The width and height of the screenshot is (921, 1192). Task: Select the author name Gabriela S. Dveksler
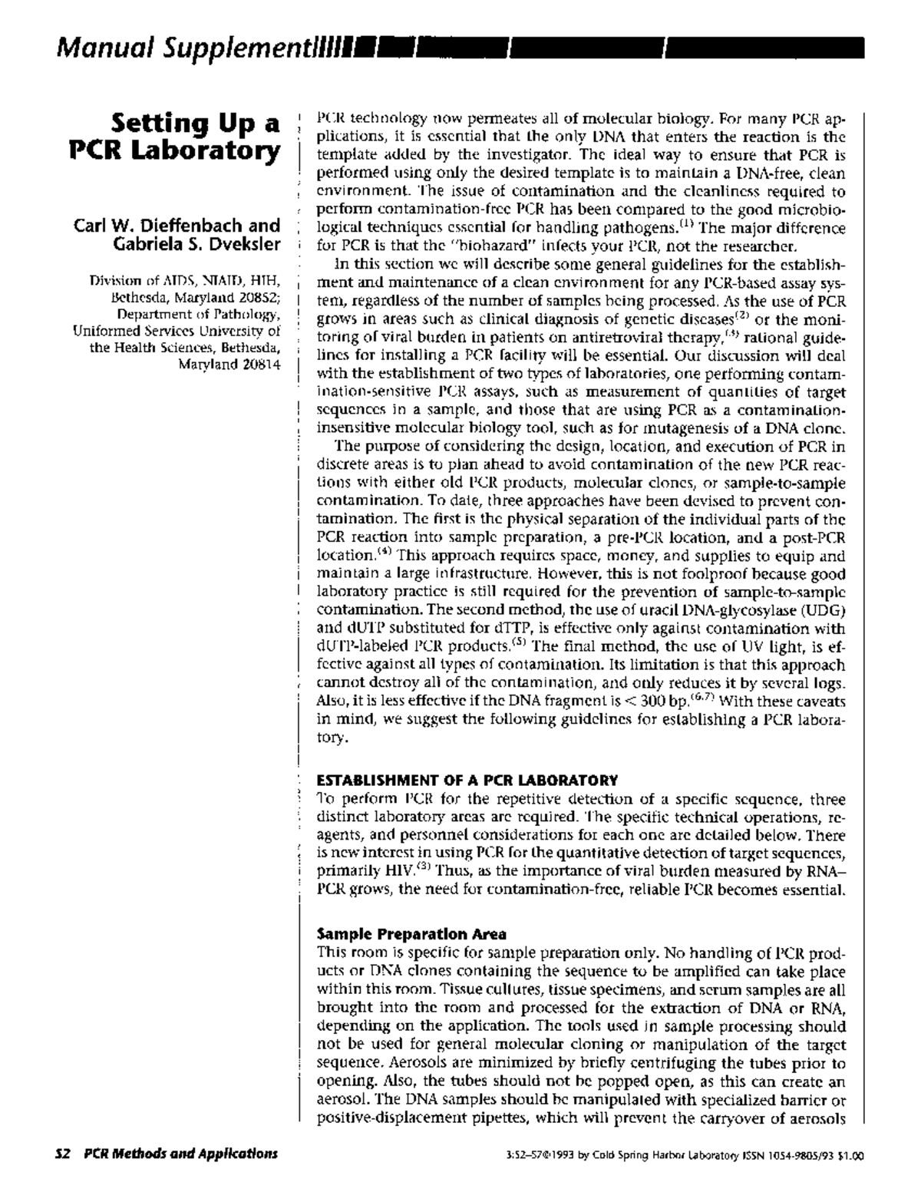tap(196, 244)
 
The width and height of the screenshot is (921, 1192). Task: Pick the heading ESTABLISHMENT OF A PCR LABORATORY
tap(467, 780)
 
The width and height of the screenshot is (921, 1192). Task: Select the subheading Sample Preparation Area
tap(411, 934)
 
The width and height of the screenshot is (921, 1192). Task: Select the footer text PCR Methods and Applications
tap(180, 1154)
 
